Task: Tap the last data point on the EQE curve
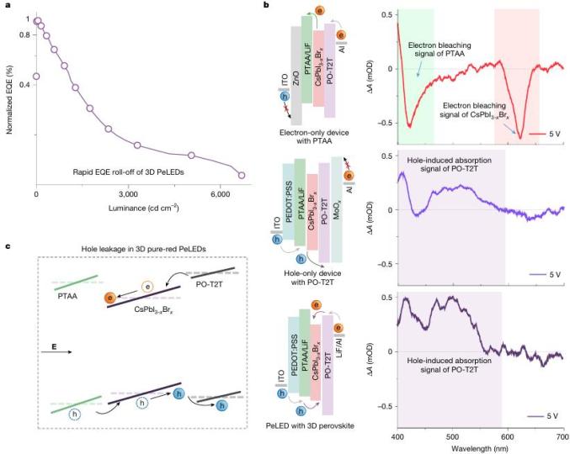[x=242, y=175]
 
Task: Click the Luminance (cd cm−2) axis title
[x=140, y=207]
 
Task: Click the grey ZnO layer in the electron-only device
[x=296, y=75]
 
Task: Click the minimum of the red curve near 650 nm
[x=521, y=137]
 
